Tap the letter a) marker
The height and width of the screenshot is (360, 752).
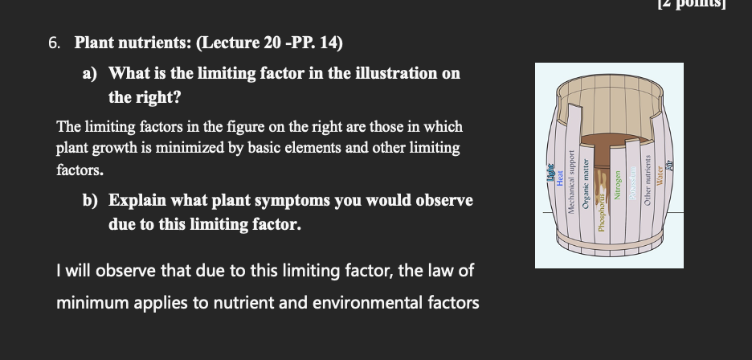[90, 74]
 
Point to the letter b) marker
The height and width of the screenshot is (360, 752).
[90, 200]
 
